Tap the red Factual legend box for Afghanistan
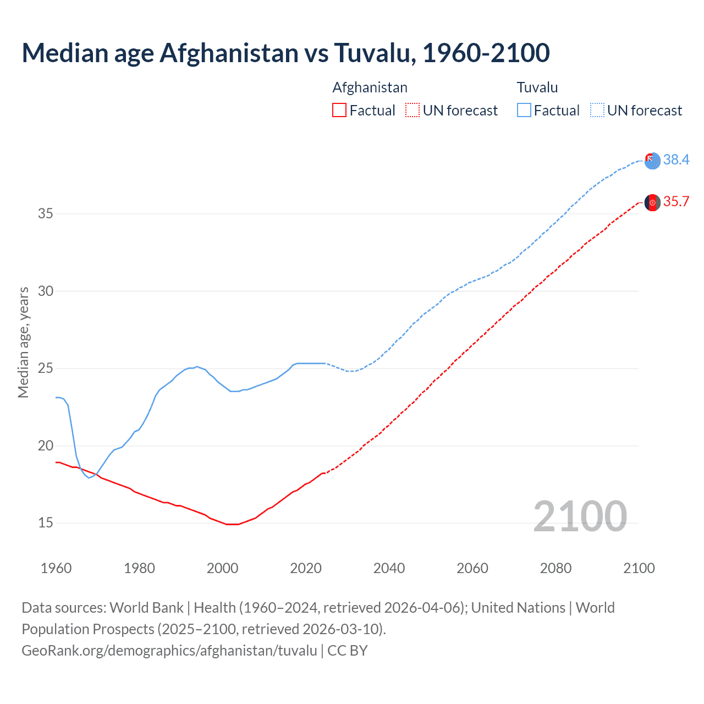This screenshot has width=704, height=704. pos(339,111)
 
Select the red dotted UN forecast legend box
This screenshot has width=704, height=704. pos(413,111)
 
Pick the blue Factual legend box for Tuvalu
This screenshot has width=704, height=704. pos(524,111)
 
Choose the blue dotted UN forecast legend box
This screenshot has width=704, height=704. pos(597,111)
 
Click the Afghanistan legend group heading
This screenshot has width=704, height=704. pos(370,87)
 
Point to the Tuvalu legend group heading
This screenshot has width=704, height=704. pos(537,87)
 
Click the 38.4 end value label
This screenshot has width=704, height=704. pos(676,159)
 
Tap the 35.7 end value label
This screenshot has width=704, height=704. pos(676,202)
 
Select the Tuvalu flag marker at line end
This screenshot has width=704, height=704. pos(652,161)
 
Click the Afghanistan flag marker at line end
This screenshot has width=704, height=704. pos(652,202)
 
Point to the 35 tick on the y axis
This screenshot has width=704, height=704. pos(46,213)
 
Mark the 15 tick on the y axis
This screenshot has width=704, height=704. pos(46,523)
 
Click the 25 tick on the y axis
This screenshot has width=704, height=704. pos(46,369)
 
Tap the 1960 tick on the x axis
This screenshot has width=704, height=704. pos(56,568)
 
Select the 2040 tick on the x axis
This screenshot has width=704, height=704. pos(389,568)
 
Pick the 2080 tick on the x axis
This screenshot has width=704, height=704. pos(555,568)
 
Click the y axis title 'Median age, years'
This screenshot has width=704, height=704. pos(23,342)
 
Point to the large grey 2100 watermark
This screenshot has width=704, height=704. pos(580,516)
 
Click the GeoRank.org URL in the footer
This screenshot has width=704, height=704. pos(169,651)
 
